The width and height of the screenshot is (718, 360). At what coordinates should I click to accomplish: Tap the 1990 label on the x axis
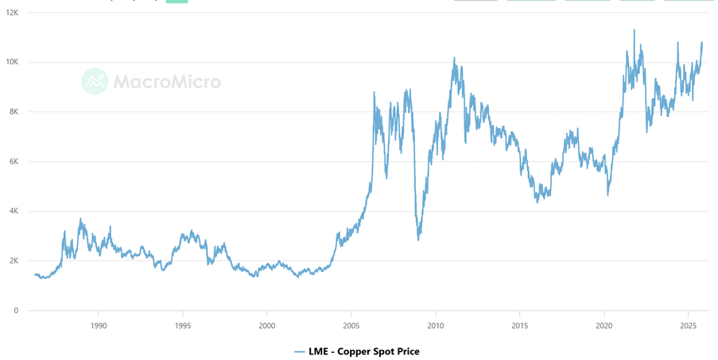click(x=99, y=326)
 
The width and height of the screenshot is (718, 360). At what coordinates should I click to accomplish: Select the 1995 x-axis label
click(x=183, y=326)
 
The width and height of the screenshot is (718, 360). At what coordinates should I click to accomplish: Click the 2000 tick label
click(x=267, y=326)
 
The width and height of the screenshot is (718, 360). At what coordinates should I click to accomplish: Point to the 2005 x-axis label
click(x=351, y=326)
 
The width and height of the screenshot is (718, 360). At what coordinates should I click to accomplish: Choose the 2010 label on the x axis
click(x=436, y=326)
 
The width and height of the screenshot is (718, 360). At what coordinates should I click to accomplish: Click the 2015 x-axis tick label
click(x=520, y=326)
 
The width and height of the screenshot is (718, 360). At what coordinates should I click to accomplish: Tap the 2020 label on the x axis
click(x=604, y=326)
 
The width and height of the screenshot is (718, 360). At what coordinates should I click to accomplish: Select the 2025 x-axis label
click(x=689, y=326)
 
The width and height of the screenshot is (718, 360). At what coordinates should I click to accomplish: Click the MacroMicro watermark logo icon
click(x=95, y=81)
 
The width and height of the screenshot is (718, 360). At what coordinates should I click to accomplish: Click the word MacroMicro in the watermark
click(x=167, y=81)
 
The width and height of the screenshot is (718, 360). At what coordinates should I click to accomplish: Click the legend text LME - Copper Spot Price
click(x=363, y=350)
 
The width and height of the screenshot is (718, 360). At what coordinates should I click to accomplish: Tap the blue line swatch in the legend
click(x=300, y=350)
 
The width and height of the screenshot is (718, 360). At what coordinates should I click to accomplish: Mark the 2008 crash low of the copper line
click(x=418, y=239)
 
